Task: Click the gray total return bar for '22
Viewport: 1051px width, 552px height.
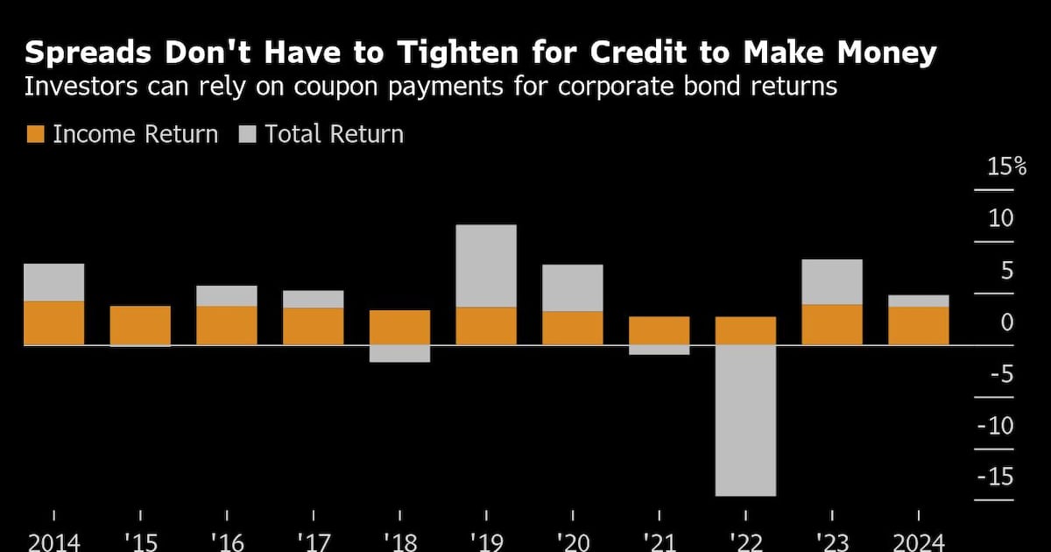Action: point(745,420)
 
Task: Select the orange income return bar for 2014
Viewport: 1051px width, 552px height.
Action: point(53,322)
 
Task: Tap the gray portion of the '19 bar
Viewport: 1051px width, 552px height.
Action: point(486,265)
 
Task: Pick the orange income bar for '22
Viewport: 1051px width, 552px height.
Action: point(745,330)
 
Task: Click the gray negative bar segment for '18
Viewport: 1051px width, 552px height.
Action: point(399,353)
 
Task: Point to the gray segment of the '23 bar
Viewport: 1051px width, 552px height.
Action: point(832,281)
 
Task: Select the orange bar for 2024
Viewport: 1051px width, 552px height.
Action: point(918,325)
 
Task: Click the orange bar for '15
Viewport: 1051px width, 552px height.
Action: point(140,325)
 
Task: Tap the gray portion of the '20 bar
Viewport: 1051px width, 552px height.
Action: point(573,287)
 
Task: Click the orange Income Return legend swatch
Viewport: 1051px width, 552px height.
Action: point(35,135)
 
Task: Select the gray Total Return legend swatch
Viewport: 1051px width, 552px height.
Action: point(248,135)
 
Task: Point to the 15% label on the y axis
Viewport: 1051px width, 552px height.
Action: point(1007,166)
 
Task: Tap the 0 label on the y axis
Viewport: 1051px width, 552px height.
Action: point(1006,322)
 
